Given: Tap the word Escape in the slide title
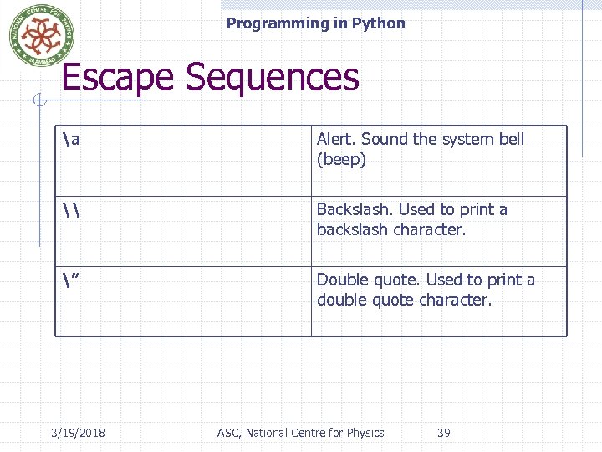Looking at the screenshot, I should coord(120,78).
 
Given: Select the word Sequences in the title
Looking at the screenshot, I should coord(272,78).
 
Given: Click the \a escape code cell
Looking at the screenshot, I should coord(71,140).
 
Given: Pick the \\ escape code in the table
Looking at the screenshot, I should coord(71,210).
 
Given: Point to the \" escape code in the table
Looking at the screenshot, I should coord(71,280).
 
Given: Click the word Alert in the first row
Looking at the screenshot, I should coord(336,139).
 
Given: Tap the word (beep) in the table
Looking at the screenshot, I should coord(341,159).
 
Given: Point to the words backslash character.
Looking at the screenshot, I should coord(390,229).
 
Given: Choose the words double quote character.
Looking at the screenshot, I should coord(404,300).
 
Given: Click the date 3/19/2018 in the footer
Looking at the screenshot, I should coord(78,433).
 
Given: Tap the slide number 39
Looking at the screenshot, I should coord(444,433).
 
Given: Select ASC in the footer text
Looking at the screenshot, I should coord(227,433).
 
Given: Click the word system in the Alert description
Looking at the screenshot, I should coord(464,139).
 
